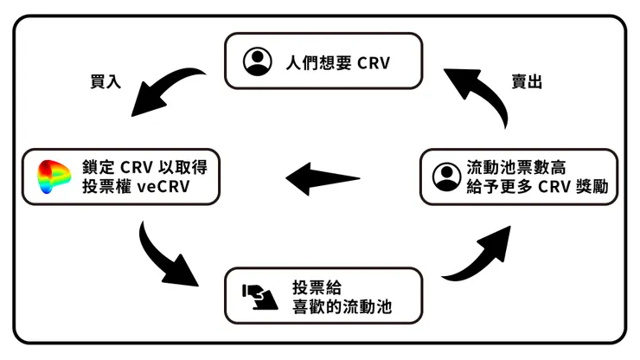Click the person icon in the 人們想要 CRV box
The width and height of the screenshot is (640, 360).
tap(257, 61)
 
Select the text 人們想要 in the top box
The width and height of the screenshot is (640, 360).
tap(316, 62)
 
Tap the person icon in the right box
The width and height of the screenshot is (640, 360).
tap(445, 176)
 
